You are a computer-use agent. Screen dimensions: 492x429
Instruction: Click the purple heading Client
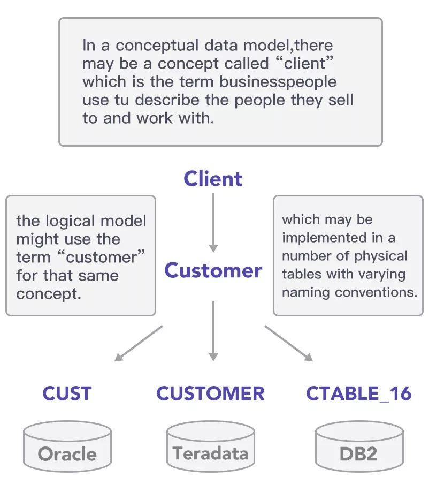(213, 179)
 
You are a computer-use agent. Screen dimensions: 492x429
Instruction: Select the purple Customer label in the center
(213, 270)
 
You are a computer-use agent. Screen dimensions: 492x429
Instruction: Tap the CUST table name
(67, 393)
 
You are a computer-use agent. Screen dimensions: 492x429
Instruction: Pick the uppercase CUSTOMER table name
(210, 393)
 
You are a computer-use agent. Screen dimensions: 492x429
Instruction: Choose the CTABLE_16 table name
(359, 393)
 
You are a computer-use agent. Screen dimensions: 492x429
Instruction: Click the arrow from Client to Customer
(213, 222)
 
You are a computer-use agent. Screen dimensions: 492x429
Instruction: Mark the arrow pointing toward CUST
(138, 343)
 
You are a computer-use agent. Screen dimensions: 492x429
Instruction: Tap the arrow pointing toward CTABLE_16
(289, 343)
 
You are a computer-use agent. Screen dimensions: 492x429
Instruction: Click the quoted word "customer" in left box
(105, 258)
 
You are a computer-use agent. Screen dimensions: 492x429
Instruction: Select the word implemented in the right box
(317, 237)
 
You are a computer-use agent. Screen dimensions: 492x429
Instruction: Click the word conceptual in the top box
(156, 46)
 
